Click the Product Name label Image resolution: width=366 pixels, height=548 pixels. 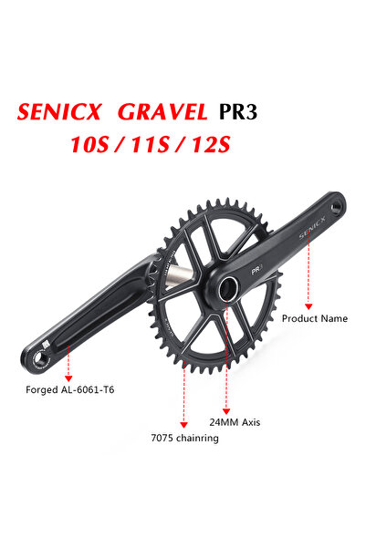point(313,318)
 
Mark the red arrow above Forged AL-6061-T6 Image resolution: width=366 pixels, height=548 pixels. point(69,365)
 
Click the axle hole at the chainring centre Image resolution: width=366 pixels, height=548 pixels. point(225,288)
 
